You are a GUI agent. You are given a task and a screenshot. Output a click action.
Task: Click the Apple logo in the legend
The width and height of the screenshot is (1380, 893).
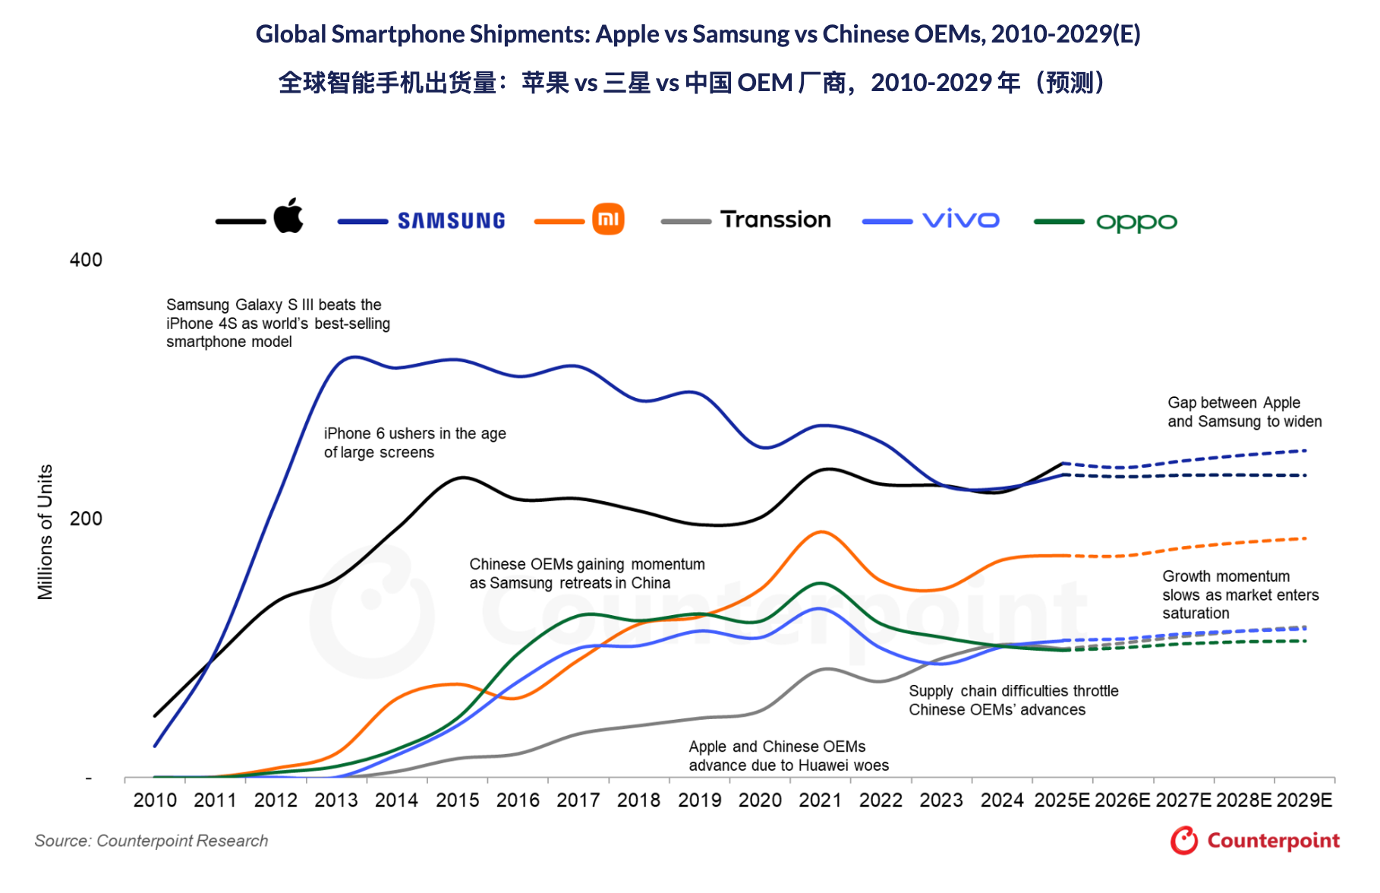(x=288, y=216)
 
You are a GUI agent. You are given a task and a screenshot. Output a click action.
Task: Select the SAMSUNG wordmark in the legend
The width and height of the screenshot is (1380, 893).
(x=451, y=221)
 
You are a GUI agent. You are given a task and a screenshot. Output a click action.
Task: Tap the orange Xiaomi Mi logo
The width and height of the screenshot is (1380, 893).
(x=608, y=219)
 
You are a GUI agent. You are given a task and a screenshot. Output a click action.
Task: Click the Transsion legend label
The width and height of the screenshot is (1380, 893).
(x=775, y=220)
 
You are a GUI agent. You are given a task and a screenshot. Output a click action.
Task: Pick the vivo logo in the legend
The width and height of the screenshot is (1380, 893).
(x=960, y=220)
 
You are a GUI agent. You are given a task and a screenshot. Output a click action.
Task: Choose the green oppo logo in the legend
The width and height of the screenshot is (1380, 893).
(x=1136, y=222)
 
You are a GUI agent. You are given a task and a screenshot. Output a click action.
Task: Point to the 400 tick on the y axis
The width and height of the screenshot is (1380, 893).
(x=86, y=260)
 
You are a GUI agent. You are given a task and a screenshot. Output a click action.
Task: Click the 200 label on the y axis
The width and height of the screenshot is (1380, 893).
(x=86, y=519)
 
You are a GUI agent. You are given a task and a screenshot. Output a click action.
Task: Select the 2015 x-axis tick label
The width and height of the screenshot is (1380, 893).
(x=457, y=800)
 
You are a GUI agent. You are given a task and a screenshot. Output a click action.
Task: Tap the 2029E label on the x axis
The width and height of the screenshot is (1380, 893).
(x=1304, y=800)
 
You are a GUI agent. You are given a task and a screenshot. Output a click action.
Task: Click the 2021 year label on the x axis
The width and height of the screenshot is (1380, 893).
(x=820, y=800)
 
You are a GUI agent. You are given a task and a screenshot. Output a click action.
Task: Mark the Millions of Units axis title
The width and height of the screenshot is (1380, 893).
(x=46, y=532)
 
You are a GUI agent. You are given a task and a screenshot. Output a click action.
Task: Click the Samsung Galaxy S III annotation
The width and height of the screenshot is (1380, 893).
(x=278, y=323)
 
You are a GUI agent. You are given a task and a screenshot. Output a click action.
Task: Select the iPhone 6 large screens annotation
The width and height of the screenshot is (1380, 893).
(x=414, y=443)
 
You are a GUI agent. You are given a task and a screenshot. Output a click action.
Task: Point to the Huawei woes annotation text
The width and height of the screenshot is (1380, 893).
(x=788, y=756)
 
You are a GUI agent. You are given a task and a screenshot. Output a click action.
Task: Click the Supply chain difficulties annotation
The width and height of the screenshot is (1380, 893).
(x=1013, y=700)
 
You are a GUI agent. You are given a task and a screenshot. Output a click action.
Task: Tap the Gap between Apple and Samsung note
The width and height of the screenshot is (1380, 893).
(x=1243, y=412)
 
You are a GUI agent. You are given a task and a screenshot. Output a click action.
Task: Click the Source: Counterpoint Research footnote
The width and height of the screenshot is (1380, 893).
(x=151, y=841)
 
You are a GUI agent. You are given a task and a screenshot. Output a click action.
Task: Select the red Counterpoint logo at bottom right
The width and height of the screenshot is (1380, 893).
(x=1254, y=841)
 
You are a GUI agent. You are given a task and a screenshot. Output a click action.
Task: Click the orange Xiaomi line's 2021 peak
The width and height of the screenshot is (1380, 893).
(x=821, y=532)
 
